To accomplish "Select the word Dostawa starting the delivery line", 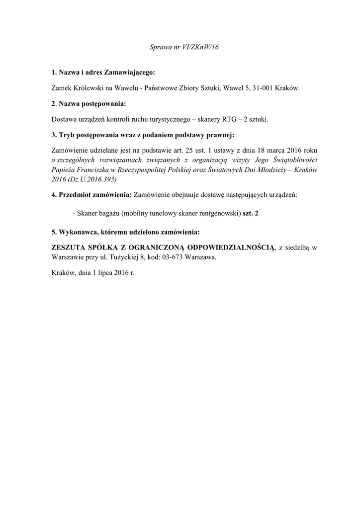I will click(x=64, y=119).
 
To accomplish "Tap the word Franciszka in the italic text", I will click(x=96, y=170).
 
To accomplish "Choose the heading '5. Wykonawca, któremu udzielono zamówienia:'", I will click(x=125, y=232).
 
